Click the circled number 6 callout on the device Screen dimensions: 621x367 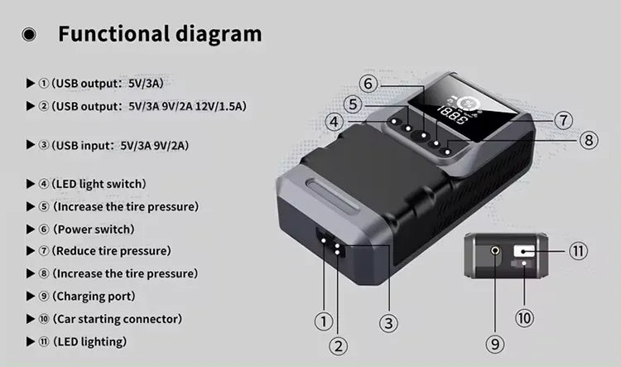368,84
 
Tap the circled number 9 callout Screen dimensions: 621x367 495,344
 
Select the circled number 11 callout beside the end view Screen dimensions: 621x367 578,251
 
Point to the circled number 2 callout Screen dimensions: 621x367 338,346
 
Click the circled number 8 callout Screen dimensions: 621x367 589,140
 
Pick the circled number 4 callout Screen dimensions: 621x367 335,122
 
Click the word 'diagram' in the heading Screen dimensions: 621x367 219,34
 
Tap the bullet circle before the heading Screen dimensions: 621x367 28,35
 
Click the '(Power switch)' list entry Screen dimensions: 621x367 94,229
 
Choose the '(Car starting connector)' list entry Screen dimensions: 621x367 118,319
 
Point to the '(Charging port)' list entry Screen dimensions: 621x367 94,296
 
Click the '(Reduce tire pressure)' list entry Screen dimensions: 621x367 111,251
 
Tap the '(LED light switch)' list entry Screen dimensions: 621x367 99,184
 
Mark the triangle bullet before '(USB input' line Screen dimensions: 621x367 31,145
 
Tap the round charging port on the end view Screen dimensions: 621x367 495,250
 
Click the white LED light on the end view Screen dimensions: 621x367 523,251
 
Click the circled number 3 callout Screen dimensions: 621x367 388,323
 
